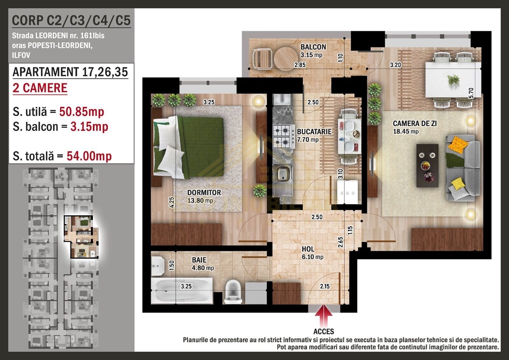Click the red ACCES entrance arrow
pyautogui.click(x=324, y=316)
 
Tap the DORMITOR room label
pyautogui.click(x=204, y=193)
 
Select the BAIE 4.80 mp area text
pyautogui.click(x=203, y=268)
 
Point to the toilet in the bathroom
pyautogui.click(x=233, y=292)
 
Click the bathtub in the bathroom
pyautogui.click(x=182, y=291)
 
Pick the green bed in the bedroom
pyautogui.click(x=188, y=147)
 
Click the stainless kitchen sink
pyautogui.click(x=282, y=181)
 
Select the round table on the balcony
pyautogui.click(x=285, y=59)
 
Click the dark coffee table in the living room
pyautogui.click(x=427, y=166)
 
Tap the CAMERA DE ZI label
pyautogui.click(x=415, y=124)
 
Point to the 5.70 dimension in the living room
pyautogui.click(x=471, y=93)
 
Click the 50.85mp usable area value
pyautogui.click(x=82, y=112)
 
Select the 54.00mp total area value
pyautogui.click(x=89, y=156)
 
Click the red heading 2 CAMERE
pyautogui.click(x=40, y=88)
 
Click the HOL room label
pyautogui.click(x=308, y=249)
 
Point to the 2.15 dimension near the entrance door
pyautogui.click(x=325, y=286)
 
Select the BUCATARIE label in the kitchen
pyautogui.click(x=314, y=132)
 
